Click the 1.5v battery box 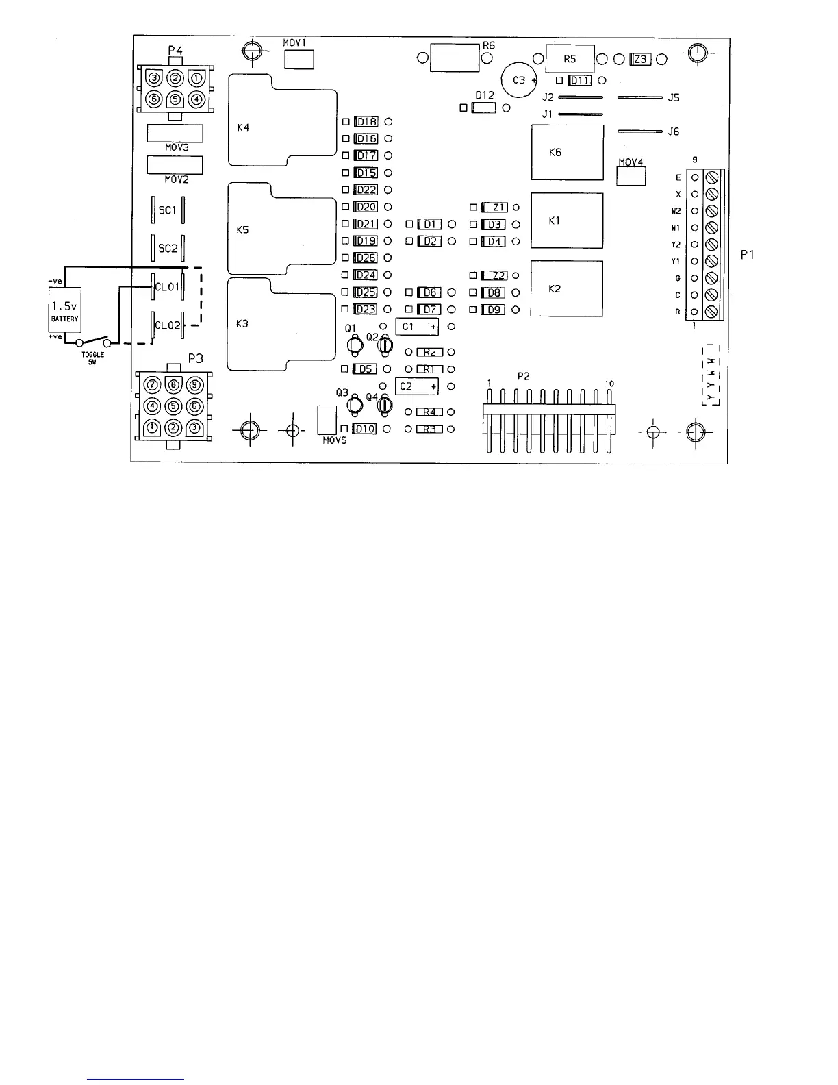coord(65,310)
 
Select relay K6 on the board coord(567,152)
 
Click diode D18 coord(366,122)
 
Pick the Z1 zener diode coord(495,208)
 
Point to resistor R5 coord(570,59)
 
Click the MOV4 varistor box coord(631,176)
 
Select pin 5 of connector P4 coord(175,99)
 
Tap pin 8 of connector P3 coord(174,386)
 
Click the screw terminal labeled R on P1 coord(711,312)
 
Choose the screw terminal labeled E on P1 coord(711,177)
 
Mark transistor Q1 coord(355,346)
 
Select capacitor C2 coord(417,386)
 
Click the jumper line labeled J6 coord(639,131)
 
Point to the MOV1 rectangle coord(299,60)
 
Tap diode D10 coord(365,429)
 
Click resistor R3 coord(430,429)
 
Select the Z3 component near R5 coord(640,60)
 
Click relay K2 coord(567,288)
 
